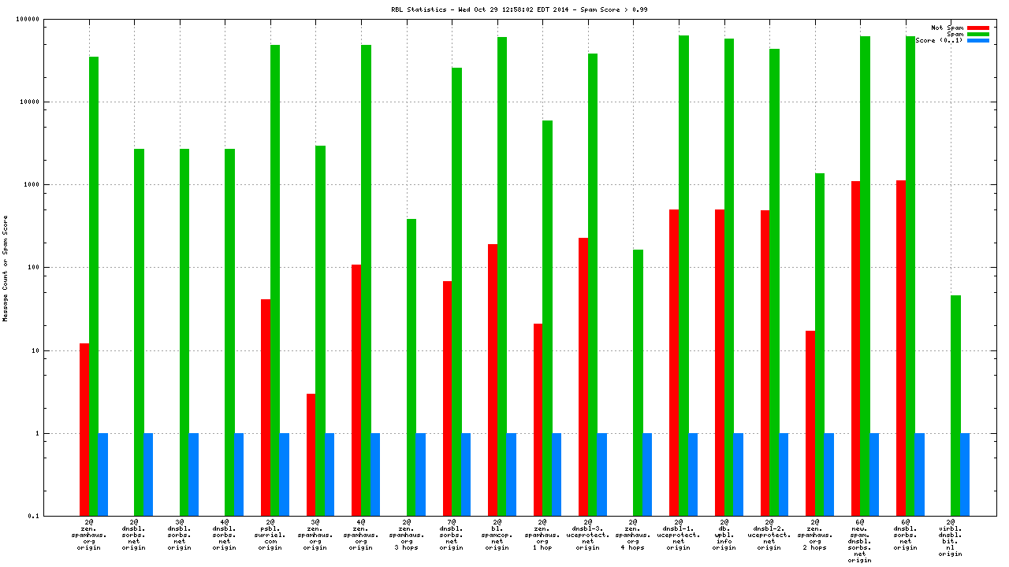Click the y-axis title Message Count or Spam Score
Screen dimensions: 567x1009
click(6, 268)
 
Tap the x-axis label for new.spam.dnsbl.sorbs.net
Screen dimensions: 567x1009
click(860, 542)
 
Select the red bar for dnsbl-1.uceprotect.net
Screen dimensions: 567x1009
click(674, 362)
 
